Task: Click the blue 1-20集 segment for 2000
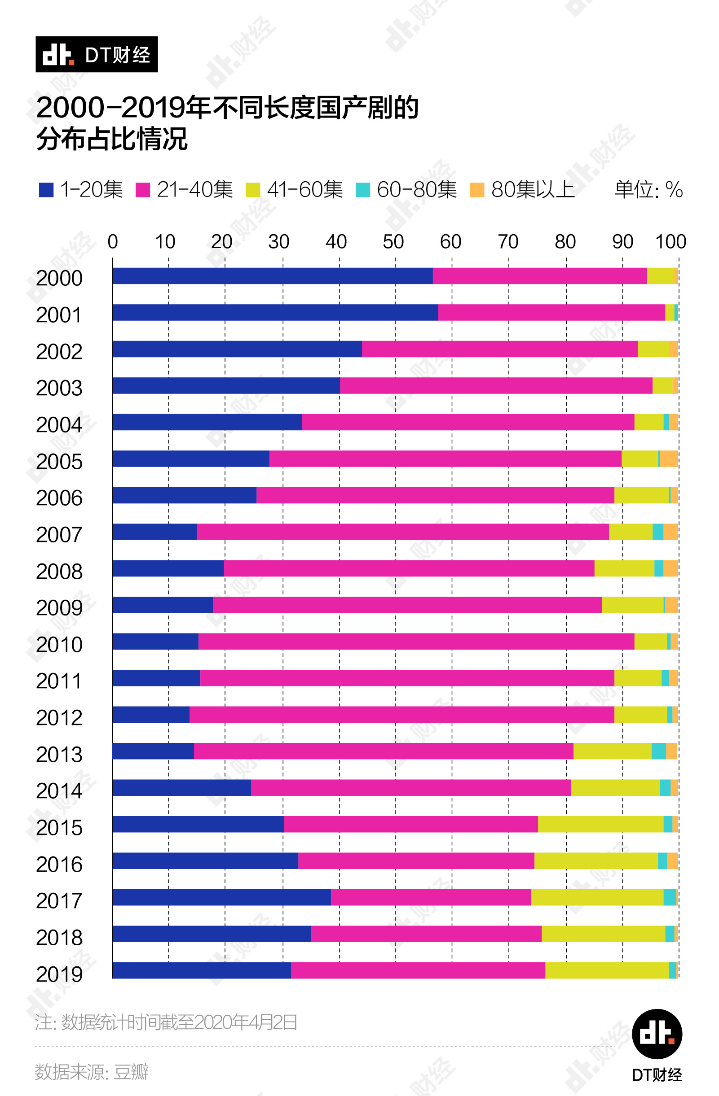[273, 276]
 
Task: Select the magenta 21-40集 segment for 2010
[416, 642]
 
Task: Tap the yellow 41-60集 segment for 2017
[597, 897]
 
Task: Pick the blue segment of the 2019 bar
[202, 970]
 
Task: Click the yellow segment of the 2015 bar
[600, 824]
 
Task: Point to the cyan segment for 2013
[658, 751]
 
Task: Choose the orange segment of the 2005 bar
[669, 458]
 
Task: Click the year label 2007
[59, 535]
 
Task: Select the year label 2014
[59, 790]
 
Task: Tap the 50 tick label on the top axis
[393, 242]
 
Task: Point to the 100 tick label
[670, 242]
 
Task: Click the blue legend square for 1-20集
[46, 190]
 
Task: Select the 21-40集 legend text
[194, 190]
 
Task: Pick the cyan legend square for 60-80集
[363, 190]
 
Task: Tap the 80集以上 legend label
[533, 190]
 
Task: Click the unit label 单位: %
[648, 190]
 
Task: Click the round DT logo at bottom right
[657, 1034]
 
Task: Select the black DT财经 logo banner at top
[97, 54]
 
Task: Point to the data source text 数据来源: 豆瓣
[91, 1072]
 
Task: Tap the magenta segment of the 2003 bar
[496, 385]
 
